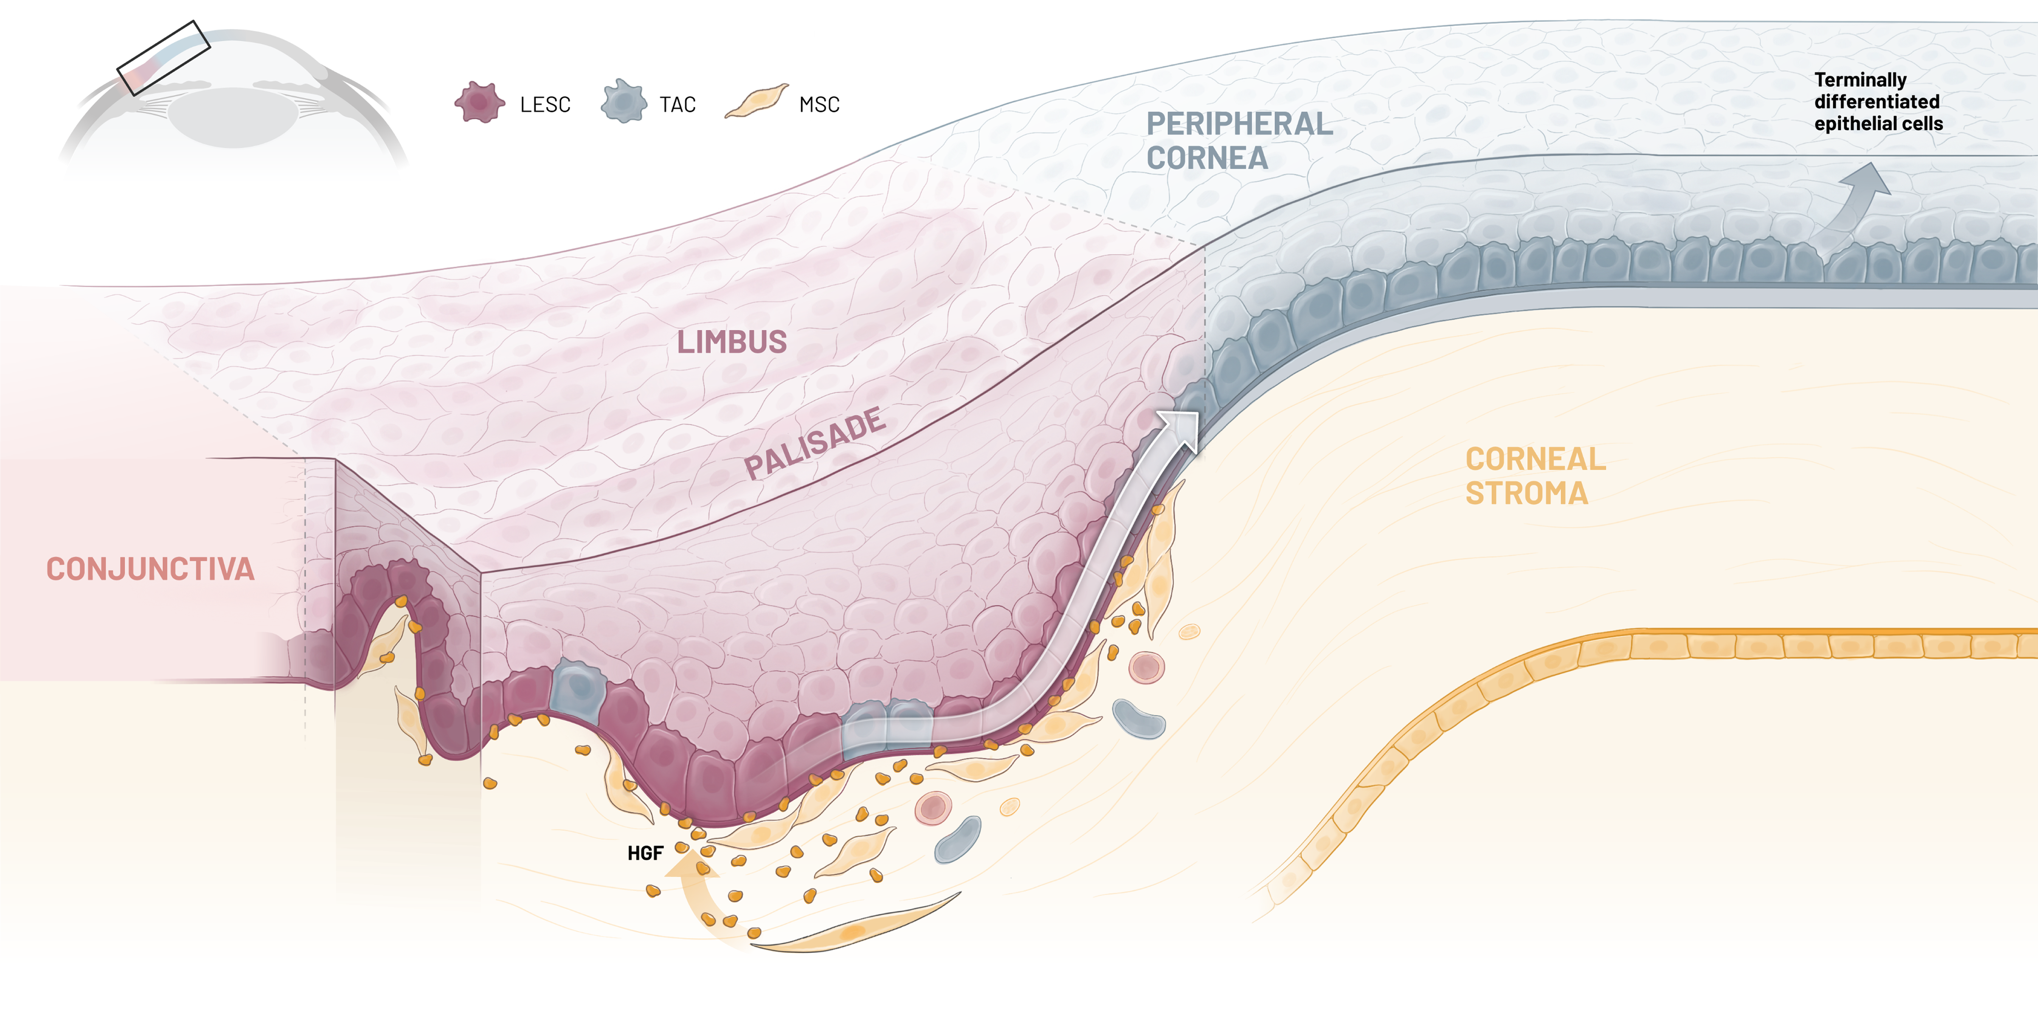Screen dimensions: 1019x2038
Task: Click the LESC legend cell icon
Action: [479, 103]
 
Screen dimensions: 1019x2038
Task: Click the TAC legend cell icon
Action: [623, 102]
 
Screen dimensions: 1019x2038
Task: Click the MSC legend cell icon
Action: [756, 101]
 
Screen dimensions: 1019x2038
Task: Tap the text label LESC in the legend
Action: [545, 104]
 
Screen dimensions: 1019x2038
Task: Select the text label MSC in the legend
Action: [819, 104]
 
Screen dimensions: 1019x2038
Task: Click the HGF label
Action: [645, 853]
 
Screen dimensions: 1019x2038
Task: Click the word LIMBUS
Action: [732, 342]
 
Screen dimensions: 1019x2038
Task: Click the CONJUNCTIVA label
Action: [150, 569]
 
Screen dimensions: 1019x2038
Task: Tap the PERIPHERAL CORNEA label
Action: [1239, 141]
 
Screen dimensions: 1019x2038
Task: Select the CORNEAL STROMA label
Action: [1535, 476]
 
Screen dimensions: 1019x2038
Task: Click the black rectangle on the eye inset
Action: [164, 58]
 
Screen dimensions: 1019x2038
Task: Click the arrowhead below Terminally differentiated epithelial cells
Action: [1869, 180]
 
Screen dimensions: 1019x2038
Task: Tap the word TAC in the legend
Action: [677, 104]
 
